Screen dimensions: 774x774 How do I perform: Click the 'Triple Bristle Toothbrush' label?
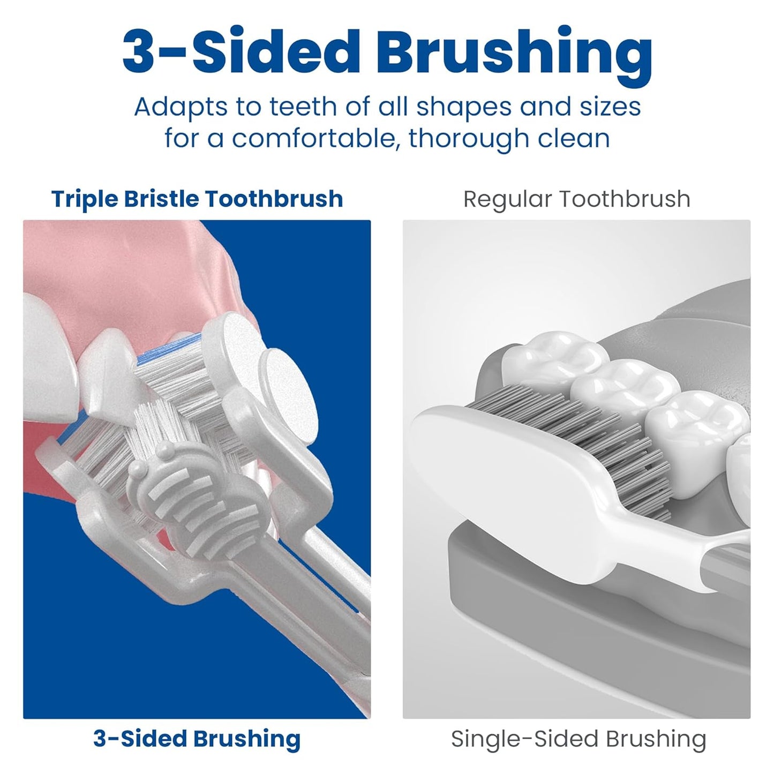click(197, 199)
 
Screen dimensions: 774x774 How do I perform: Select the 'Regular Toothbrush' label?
click(576, 199)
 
